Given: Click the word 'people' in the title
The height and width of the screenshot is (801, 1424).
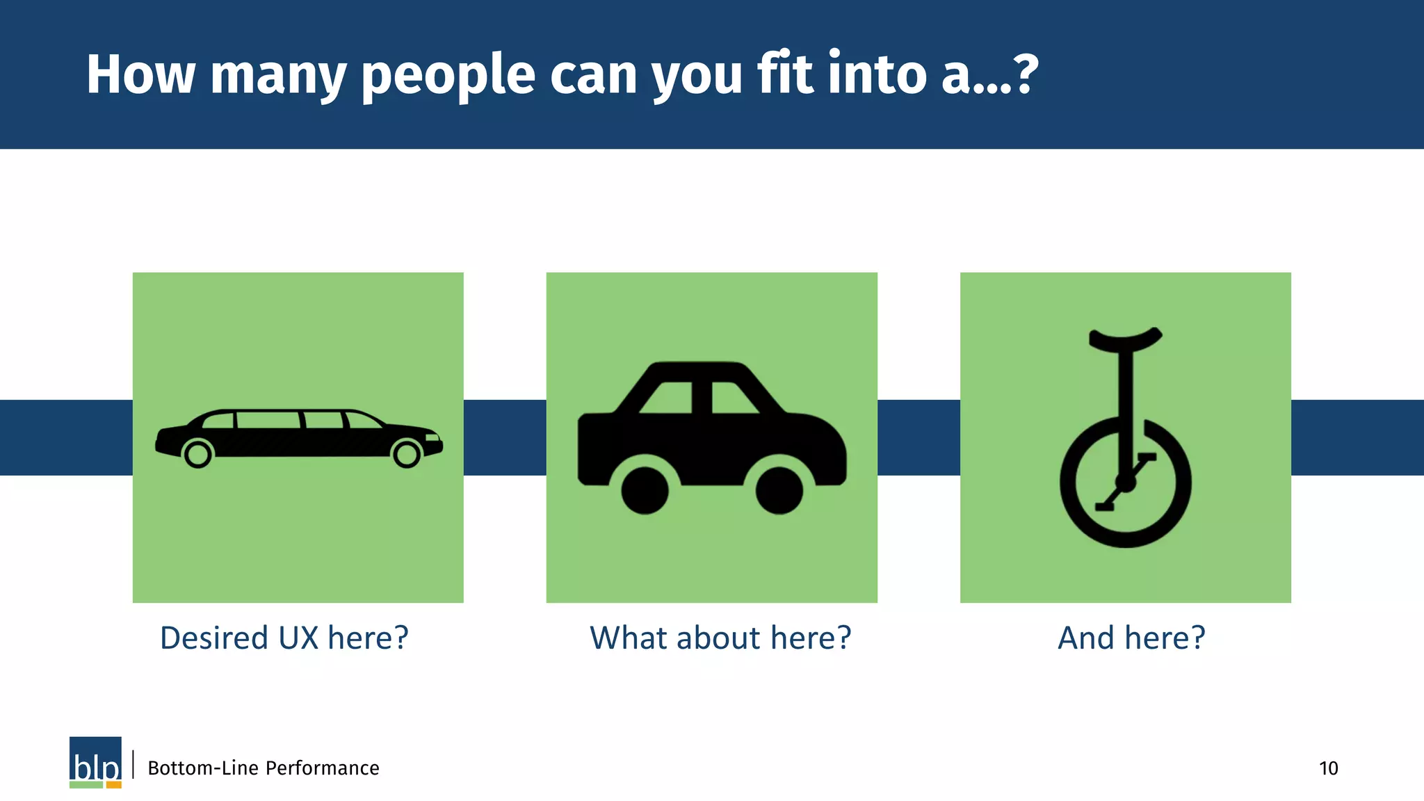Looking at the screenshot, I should (x=448, y=75).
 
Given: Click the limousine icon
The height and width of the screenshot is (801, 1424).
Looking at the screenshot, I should (x=299, y=438).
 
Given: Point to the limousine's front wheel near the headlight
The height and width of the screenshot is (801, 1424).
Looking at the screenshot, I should (x=407, y=455).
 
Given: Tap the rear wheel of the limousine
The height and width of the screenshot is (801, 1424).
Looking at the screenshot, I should (x=197, y=455).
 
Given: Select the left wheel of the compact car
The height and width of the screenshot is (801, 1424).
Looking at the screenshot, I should (x=645, y=490).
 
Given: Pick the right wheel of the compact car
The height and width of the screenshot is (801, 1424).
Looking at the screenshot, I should (x=779, y=490).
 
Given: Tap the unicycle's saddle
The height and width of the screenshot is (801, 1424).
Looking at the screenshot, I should (x=1125, y=338).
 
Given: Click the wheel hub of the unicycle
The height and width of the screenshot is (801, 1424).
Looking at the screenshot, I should (x=1124, y=483).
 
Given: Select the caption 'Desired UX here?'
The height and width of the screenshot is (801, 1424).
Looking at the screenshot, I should (x=284, y=638).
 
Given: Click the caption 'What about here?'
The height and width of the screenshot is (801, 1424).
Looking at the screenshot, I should (x=720, y=638).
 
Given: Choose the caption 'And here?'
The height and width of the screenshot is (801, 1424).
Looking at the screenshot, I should (x=1131, y=638).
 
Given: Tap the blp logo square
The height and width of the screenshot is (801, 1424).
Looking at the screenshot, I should (x=95, y=759).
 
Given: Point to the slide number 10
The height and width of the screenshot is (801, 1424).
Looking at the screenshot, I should (x=1328, y=768).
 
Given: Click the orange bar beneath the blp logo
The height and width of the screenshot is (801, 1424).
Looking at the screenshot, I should (x=114, y=785).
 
